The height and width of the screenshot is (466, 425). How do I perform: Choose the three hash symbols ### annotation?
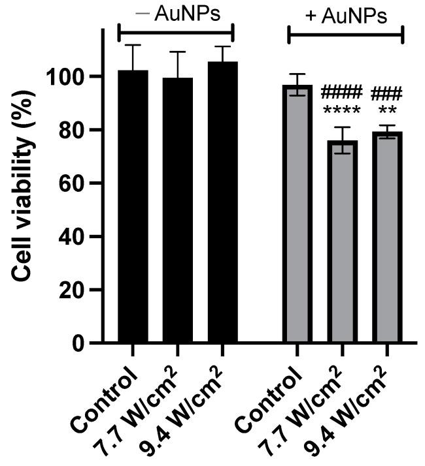coord(386,93)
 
